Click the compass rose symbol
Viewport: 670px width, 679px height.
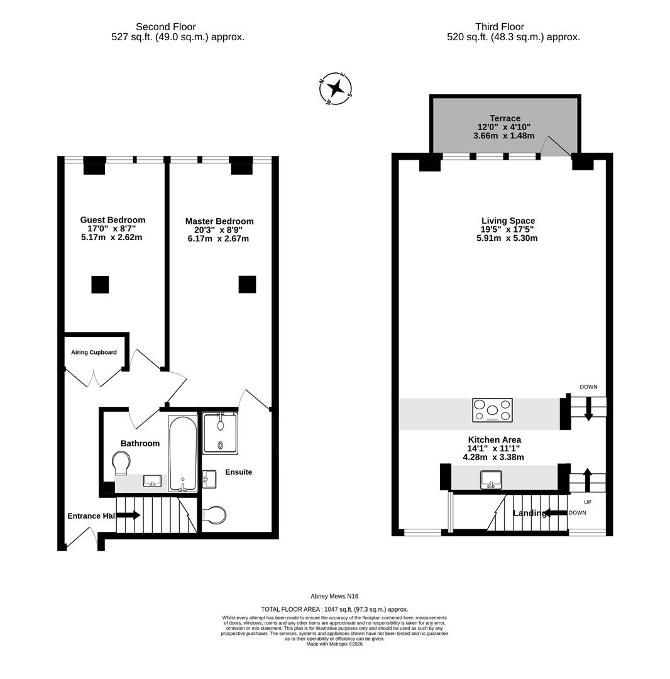[x=336, y=89]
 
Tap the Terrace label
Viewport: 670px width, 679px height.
[x=505, y=118]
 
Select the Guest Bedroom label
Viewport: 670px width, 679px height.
[x=113, y=219]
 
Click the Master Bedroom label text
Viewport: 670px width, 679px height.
[x=219, y=221]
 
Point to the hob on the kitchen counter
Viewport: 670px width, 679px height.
[x=492, y=410]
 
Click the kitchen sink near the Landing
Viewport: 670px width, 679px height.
[x=491, y=480]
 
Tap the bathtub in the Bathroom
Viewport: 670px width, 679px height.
[x=183, y=453]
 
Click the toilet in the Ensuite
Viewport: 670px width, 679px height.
[x=214, y=516]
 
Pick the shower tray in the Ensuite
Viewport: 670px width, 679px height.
[x=220, y=433]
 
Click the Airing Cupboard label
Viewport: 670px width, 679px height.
[x=94, y=352]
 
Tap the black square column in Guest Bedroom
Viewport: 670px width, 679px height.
[x=100, y=284]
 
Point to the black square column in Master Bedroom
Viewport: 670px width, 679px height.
[x=247, y=284]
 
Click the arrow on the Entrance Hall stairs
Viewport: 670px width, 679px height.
[x=128, y=515]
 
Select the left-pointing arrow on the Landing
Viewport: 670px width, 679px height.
[x=556, y=513]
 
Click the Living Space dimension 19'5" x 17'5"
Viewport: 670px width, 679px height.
[x=507, y=229]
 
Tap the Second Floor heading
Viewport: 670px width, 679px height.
[x=166, y=27]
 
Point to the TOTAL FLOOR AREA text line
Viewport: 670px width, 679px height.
[x=334, y=609]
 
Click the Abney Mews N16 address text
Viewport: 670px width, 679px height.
[x=334, y=596]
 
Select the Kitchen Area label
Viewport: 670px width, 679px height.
[x=494, y=439]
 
